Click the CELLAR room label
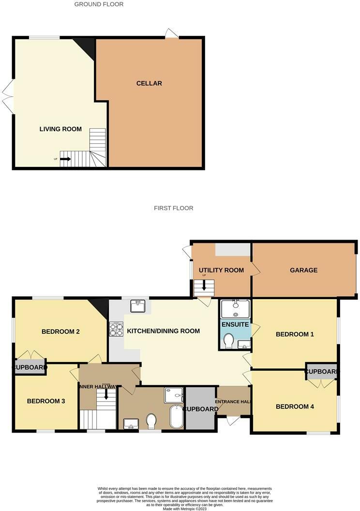tap(149, 83)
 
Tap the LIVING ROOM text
tap(60, 129)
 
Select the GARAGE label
tap(303, 270)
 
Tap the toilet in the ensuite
tap(229, 341)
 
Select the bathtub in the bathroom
tap(177, 416)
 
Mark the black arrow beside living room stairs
tap(65, 159)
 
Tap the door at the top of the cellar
tap(171, 33)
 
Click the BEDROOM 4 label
tap(295, 406)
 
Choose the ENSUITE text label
tap(235, 324)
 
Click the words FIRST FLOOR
tap(173, 208)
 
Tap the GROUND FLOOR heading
tap(99, 4)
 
